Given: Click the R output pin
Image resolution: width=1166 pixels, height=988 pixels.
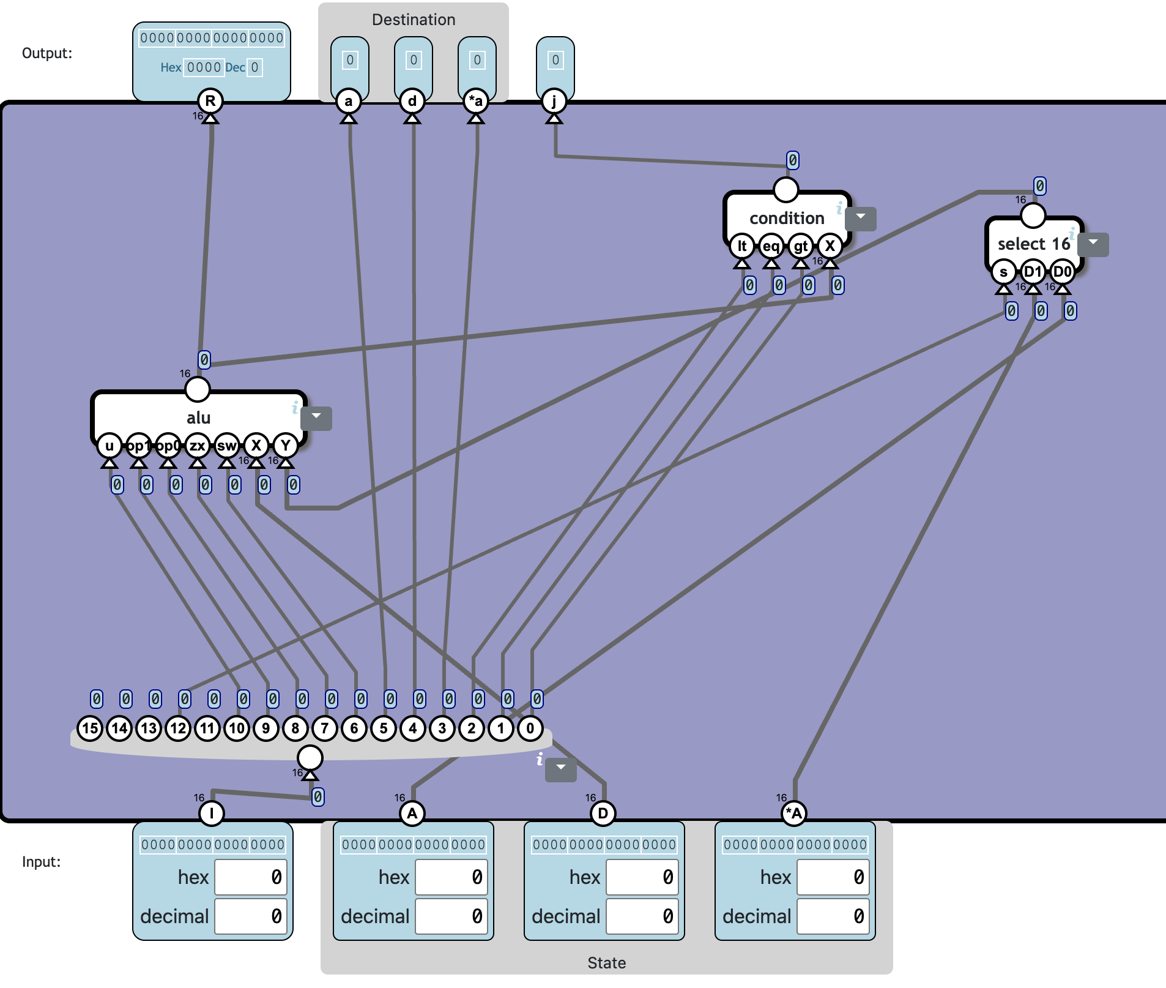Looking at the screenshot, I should [x=210, y=101].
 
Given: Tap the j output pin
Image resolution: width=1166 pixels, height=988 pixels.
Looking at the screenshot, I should [x=554, y=101].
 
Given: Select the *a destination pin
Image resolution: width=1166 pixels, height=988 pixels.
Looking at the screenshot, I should [x=476, y=101].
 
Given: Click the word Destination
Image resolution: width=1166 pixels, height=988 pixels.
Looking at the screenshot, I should [x=414, y=20].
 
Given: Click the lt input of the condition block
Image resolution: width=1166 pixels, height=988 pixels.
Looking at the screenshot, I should [x=742, y=246].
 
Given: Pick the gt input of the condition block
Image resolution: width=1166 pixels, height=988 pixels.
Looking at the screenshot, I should [x=800, y=246].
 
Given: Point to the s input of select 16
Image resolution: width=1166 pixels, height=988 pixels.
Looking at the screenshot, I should [x=1003, y=272].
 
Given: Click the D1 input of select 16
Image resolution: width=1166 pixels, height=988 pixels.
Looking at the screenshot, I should [x=1033, y=272].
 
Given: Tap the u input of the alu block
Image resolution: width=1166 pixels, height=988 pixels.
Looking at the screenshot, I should [x=110, y=446].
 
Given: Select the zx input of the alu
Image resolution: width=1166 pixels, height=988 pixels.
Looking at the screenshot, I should [x=197, y=446].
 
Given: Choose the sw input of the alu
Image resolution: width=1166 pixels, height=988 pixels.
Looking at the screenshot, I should [x=226, y=446].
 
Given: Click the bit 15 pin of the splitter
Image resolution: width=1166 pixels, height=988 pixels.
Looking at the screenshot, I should [x=90, y=728].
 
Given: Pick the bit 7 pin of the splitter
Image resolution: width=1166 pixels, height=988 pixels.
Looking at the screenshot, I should [x=325, y=728].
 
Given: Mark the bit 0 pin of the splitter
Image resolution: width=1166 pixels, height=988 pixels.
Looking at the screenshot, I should [x=530, y=728].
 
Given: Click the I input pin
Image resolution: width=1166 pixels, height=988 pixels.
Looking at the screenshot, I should [x=212, y=813].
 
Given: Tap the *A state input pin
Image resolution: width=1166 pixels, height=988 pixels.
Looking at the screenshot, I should [x=794, y=813].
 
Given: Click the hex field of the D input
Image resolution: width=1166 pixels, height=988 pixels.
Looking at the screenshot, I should [x=642, y=877].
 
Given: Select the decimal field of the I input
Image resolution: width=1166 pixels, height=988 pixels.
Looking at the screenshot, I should [x=251, y=916].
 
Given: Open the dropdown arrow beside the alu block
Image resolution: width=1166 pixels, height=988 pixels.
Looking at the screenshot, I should [x=317, y=417].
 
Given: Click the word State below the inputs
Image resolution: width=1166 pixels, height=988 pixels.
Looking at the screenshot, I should [x=606, y=963].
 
